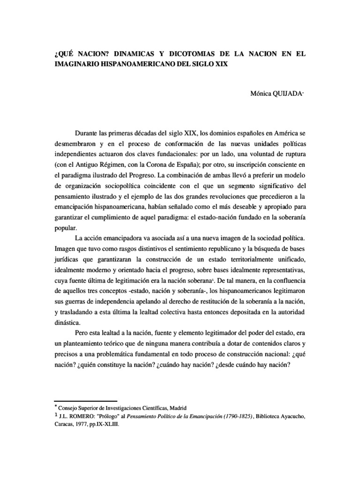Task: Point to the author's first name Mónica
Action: click(262, 94)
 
